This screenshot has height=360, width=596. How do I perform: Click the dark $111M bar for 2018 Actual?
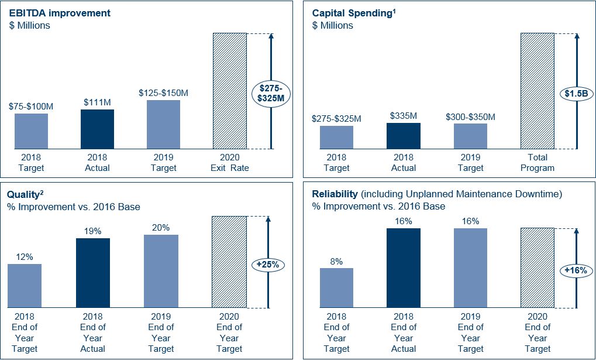click(x=97, y=129)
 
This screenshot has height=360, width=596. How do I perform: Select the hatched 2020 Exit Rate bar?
click(x=230, y=91)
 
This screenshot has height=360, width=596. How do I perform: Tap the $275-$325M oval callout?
click(x=271, y=94)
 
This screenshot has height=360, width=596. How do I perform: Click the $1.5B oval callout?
click(x=576, y=94)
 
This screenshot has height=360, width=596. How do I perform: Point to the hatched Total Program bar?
click(x=537, y=91)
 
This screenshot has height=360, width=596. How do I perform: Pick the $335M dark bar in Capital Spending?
click(x=403, y=136)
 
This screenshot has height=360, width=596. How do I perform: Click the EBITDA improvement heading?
click(x=59, y=13)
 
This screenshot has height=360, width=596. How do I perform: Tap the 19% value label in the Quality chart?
click(x=93, y=231)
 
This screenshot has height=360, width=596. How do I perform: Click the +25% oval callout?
click(x=267, y=265)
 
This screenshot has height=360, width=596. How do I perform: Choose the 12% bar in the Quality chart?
click(x=25, y=286)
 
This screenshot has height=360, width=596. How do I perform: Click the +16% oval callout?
click(x=576, y=270)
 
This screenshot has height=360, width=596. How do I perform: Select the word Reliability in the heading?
click(x=335, y=194)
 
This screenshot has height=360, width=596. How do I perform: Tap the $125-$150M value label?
click(x=163, y=93)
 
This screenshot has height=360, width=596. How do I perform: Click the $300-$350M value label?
click(x=470, y=116)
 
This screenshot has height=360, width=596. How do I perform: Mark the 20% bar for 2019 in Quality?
click(x=161, y=271)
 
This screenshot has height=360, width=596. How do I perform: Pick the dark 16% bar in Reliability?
click(x=404, y=268)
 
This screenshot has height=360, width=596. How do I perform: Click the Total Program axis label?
click(x=538, y=162)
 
